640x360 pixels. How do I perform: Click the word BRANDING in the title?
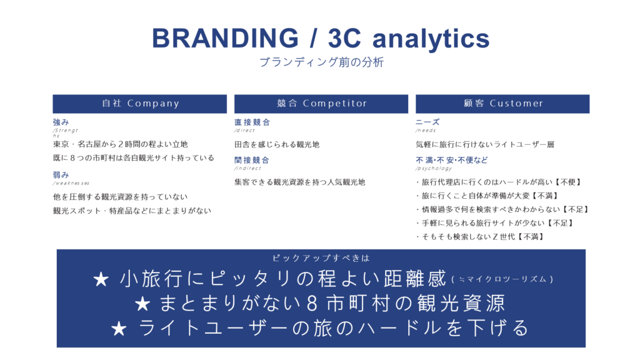tap(225, 38)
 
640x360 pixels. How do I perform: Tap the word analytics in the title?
tap(431, 39)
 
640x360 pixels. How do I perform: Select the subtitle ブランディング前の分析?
tap(321, 62)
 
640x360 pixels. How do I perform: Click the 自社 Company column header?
tap(139, 104)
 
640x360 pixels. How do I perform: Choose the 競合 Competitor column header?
tap(321, 104)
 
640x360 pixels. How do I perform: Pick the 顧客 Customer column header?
tap(502, 104)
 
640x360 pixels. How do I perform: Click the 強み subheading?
tap(61, 122)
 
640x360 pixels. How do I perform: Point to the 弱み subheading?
tap(61, 175)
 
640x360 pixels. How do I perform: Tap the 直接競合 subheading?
tap(252, 122)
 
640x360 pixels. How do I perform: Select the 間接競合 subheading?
tap(252, 160)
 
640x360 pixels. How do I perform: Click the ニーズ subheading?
tap(427, 122)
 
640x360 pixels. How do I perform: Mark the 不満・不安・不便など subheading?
tap(451, 160)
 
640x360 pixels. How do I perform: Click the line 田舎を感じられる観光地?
tap(277, 144)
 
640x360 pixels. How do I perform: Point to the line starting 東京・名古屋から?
tap(121, 144)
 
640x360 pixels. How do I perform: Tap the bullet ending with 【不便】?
tap(498, 182)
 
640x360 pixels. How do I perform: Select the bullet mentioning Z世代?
tap(480, 237)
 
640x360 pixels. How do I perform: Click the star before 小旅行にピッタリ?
tap(101, 279)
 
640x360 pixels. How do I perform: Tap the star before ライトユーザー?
tap(119, 329)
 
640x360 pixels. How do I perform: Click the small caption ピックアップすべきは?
tap(321, 258)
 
